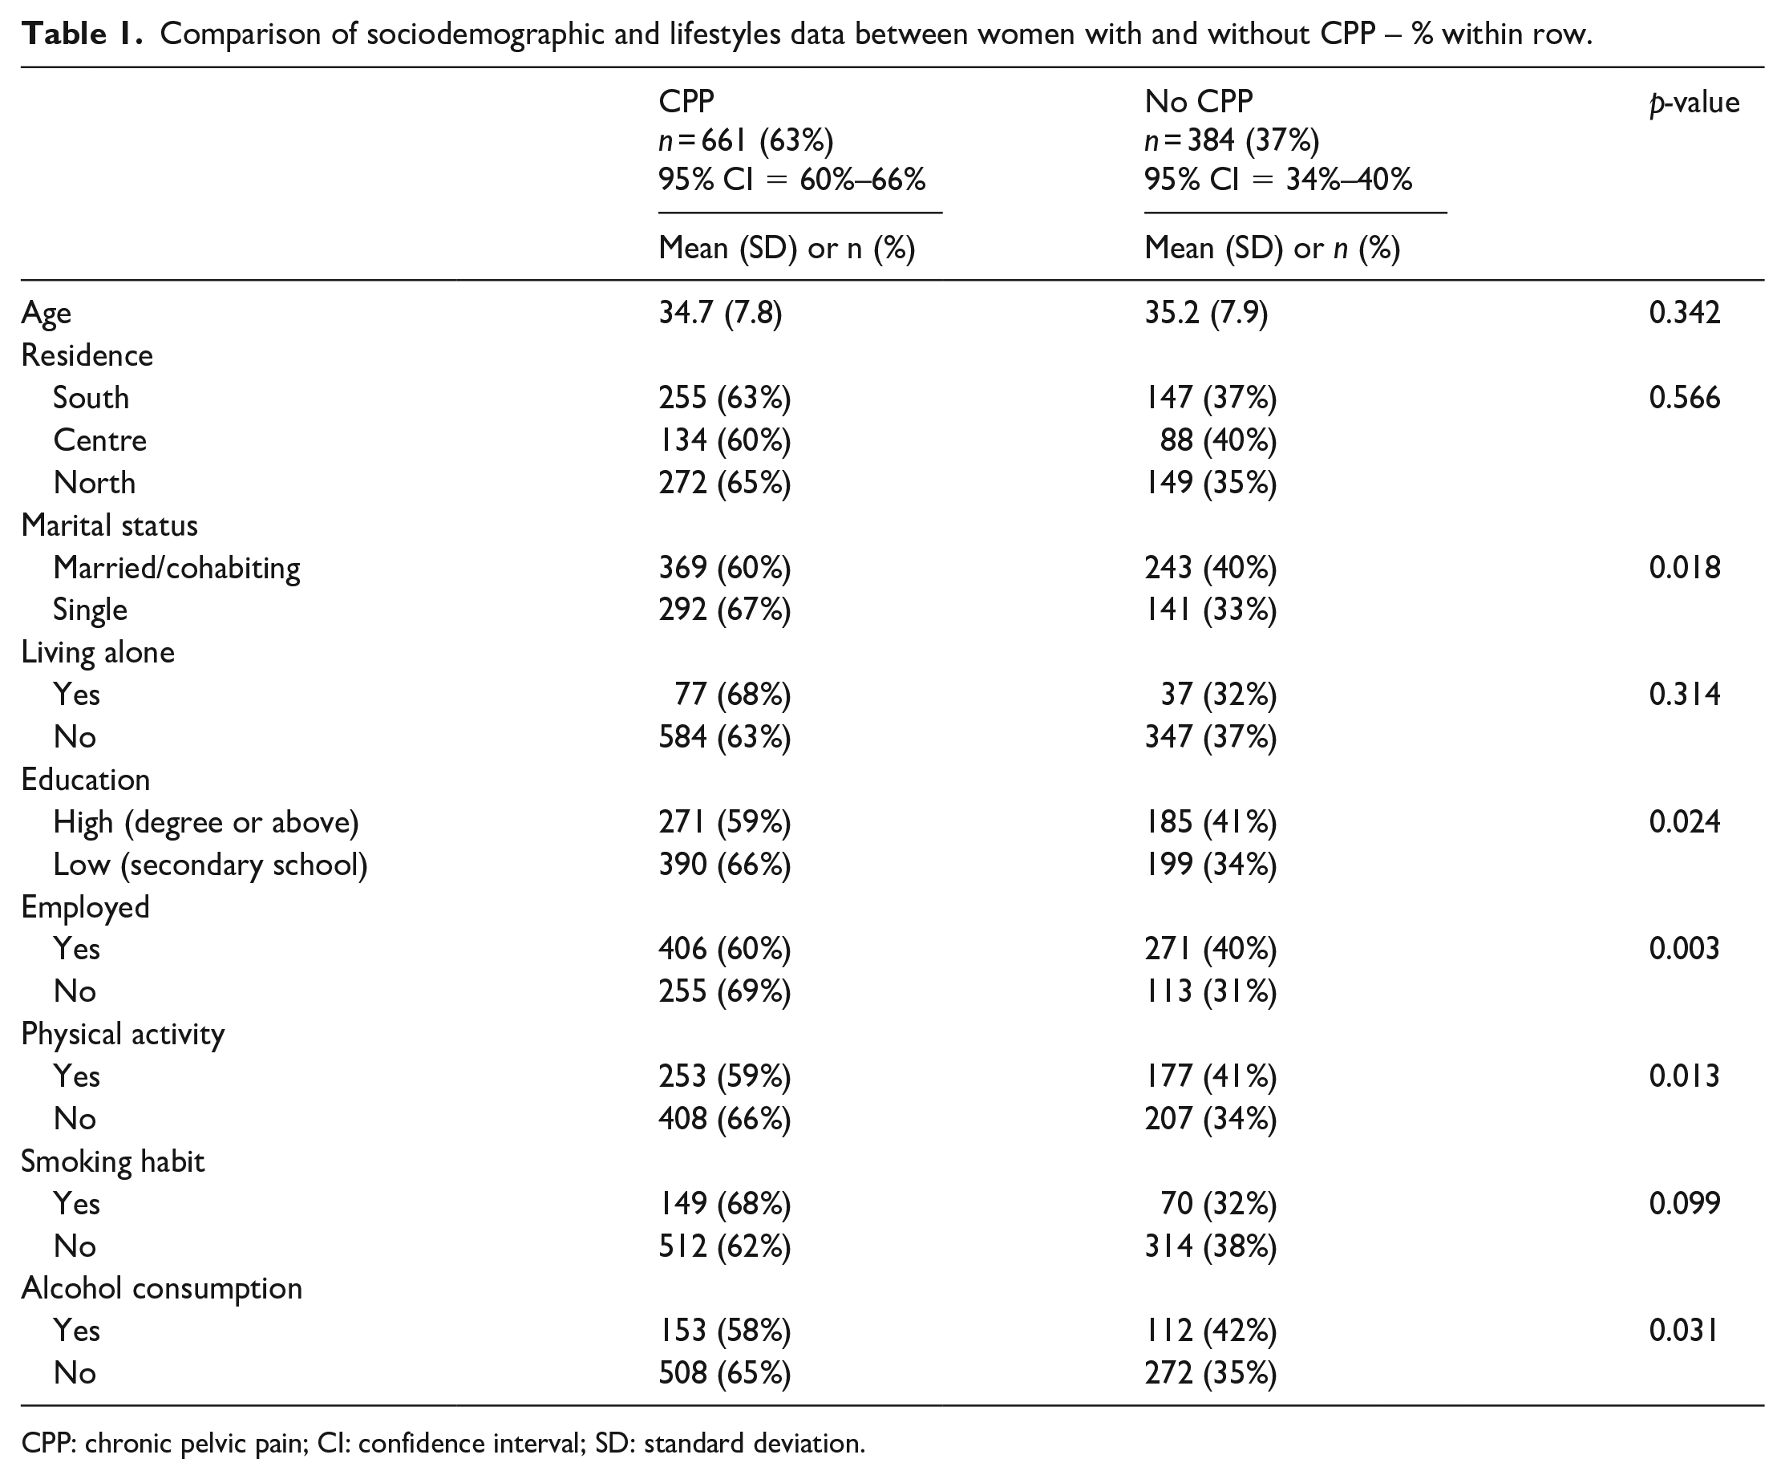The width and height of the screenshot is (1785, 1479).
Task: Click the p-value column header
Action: pos(1694,103)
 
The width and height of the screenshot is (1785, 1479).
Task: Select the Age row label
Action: pos(46,314)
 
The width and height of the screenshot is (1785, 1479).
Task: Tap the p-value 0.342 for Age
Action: pos(1685,313)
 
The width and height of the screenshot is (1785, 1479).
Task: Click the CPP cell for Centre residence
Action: pos(724,440)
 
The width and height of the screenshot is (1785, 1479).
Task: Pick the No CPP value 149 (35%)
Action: pos(1210,483)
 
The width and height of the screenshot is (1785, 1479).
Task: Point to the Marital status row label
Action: pos(110,525)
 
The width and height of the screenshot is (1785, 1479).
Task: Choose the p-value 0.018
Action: pos(1685,567)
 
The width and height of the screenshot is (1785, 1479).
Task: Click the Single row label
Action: pos(90,610)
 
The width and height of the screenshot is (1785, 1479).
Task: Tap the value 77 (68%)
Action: pos(733,695)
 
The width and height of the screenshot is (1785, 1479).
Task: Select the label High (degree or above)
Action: pos(206,822)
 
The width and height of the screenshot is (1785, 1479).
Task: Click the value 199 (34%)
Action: pos(1210,865)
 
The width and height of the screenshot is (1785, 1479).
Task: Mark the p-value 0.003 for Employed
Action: pos(1685,949)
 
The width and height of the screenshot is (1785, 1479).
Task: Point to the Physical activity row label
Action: pos(123,1035)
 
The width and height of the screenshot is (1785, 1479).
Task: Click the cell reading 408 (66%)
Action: pos(724,1119)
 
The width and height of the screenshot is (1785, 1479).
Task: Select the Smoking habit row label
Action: pos(113,1161)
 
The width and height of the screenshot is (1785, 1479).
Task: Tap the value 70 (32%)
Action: pos(1219,1204)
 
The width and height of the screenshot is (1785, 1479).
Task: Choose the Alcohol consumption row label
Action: pos(161,1289)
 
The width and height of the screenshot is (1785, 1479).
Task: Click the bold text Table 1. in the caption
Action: pos(83,34)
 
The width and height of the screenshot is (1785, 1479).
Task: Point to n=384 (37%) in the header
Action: pos(1232,140)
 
